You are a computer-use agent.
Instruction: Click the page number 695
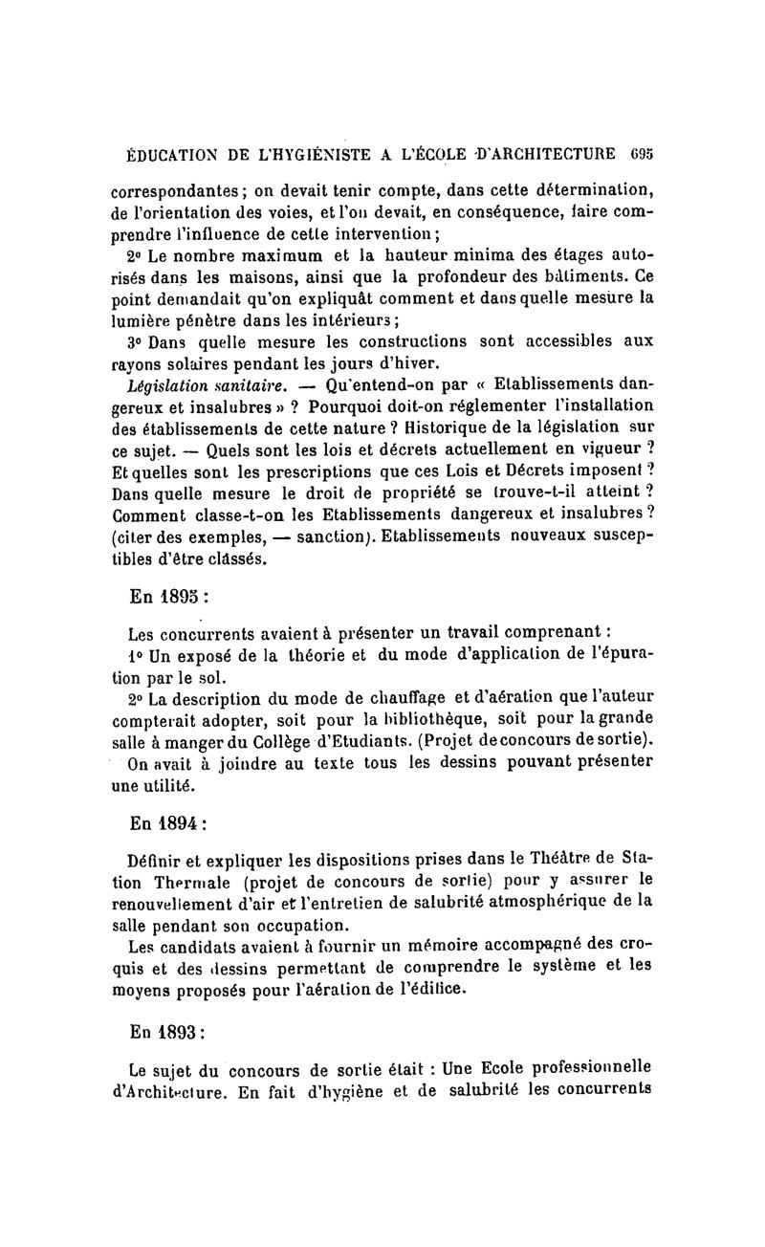click(x=641, y=152)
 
